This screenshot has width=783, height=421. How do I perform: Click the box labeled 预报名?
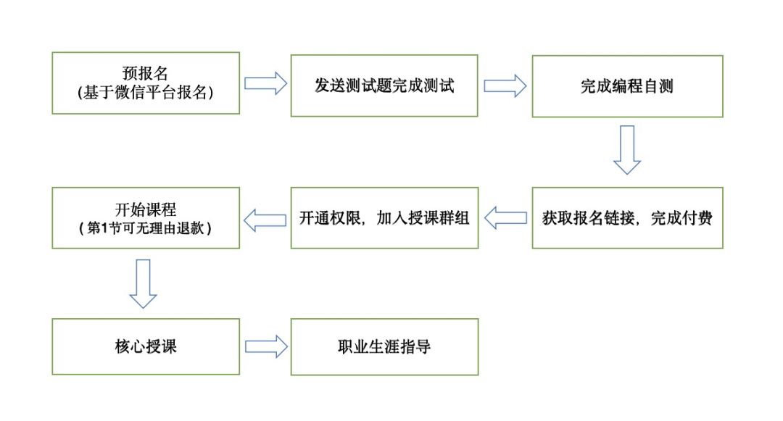click(x=145, y=83)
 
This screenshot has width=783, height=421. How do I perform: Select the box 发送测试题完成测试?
click(x=384, y=85)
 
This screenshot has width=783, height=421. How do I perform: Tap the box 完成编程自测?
click(x=627, y=86)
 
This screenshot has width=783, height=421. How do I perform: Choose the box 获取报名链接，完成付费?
click(x=627, y=218)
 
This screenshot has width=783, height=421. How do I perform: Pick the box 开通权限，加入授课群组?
click(x=384, y=218)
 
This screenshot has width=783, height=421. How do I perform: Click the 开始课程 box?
click(x=145, y=217)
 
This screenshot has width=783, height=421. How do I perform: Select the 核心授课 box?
click(x=145, y=346)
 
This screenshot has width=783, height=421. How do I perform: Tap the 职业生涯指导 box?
click(x=384, y=346)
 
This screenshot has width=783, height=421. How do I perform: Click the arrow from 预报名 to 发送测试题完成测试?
click(x=265, y=83)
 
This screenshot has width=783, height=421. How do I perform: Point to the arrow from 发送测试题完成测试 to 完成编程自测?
click(x=505, y=85)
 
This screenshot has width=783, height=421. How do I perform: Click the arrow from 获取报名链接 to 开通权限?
click(x=505, y=218)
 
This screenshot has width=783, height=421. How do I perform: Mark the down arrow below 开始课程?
click(x=143, y=283)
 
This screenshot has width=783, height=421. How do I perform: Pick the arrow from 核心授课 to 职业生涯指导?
click(x=265, y=346)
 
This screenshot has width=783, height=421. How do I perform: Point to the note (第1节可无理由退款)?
click(x=145, y=228)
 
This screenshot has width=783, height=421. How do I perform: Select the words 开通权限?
click(x=326, y=218)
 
